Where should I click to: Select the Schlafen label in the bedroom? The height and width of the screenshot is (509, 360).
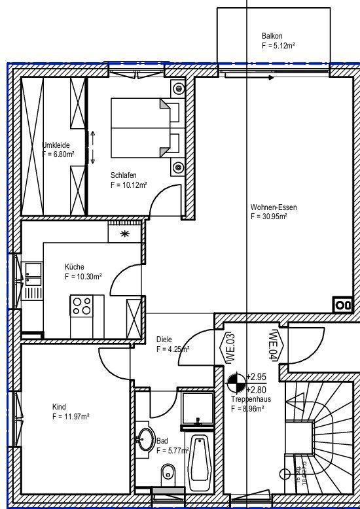pyautogui.click(x=124, y=176)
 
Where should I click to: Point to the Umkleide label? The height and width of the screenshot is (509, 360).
pyautogui.click(x=56, y=145)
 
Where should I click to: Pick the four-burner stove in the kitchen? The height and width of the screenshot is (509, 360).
pyautogui.click(x=82, y=305)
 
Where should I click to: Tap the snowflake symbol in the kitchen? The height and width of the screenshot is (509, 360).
pyautogui.click(x=125, y=234)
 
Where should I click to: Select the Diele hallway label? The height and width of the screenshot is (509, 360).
pyautogui.click(x=164, y=340)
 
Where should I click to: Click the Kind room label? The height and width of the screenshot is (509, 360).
pyautogui.click(x=59, y=406)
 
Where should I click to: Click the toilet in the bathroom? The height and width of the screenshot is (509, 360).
pyautogui.click(x=168, y=470)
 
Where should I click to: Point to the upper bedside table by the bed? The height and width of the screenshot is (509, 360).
pyautogui.click(x=178, y=90)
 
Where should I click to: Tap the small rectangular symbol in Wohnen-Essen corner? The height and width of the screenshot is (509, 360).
pyautogui.click(x=342, y=305)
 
